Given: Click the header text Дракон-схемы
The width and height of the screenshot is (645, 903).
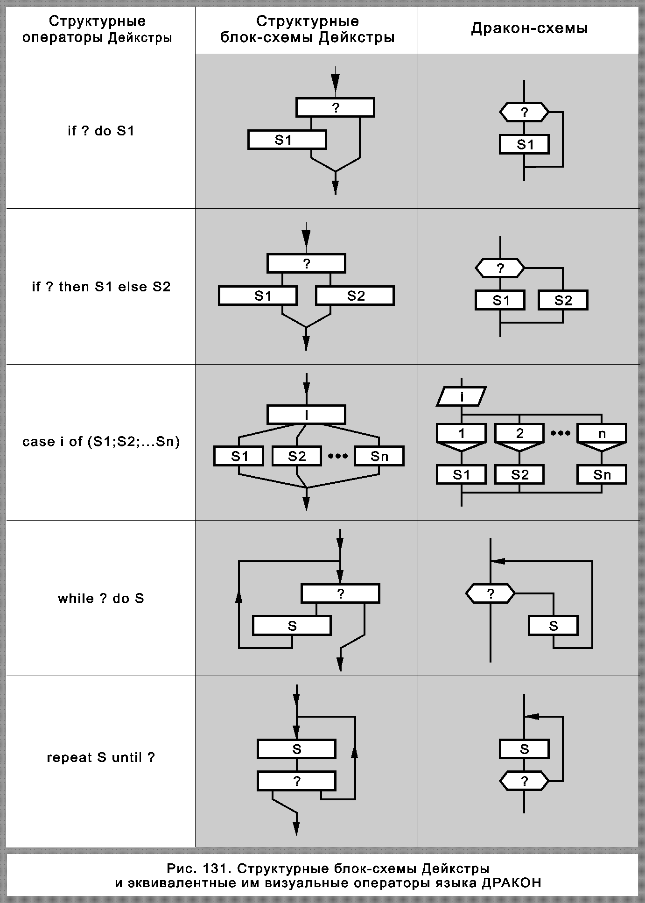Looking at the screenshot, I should pyautogui.click(x=529, y=29).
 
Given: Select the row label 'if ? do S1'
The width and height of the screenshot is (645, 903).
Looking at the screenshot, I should pyautogui.click(x=101, y=131).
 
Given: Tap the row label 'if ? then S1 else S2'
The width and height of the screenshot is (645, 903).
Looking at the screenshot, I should pyautogui.click(x=101, y=287).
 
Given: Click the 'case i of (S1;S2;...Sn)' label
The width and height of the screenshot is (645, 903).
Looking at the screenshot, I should pyautogui.click(x=101, y=442).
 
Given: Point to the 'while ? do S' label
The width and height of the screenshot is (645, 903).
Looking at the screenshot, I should pyautogui.click(x=101, y=599).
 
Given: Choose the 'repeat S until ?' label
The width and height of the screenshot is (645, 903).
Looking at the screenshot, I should pyautogui.click(x=101, y=757).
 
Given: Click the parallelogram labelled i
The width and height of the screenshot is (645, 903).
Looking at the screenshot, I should pyautogui.click(x=462, y=397).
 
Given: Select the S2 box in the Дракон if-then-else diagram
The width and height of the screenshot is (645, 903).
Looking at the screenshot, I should pyautogui.click(x=563, y=301).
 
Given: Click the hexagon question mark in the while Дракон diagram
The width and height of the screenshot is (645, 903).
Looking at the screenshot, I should pyautogui.click(x=491, y=594).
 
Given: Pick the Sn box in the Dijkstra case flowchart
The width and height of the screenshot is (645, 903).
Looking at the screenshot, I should pyautogui.click(x=379, y=456).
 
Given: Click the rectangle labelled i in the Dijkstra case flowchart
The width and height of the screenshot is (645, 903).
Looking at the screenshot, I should pyautogui.click(x=306, y=415).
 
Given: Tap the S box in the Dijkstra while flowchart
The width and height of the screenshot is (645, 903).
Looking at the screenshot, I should pyautogui.click(x=292, y=626).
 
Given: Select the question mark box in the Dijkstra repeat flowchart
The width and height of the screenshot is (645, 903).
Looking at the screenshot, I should pyautogui.click(x=296, y=781).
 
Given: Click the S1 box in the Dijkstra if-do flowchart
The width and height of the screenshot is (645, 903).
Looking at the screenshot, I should pyautogui.click(x=287, y=140).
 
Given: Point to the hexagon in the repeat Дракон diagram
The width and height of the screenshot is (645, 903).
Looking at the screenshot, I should pyautogui.click(x=524, y=781).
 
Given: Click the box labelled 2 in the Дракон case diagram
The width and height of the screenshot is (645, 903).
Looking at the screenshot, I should pyautogui.click(x=519, y=434).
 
